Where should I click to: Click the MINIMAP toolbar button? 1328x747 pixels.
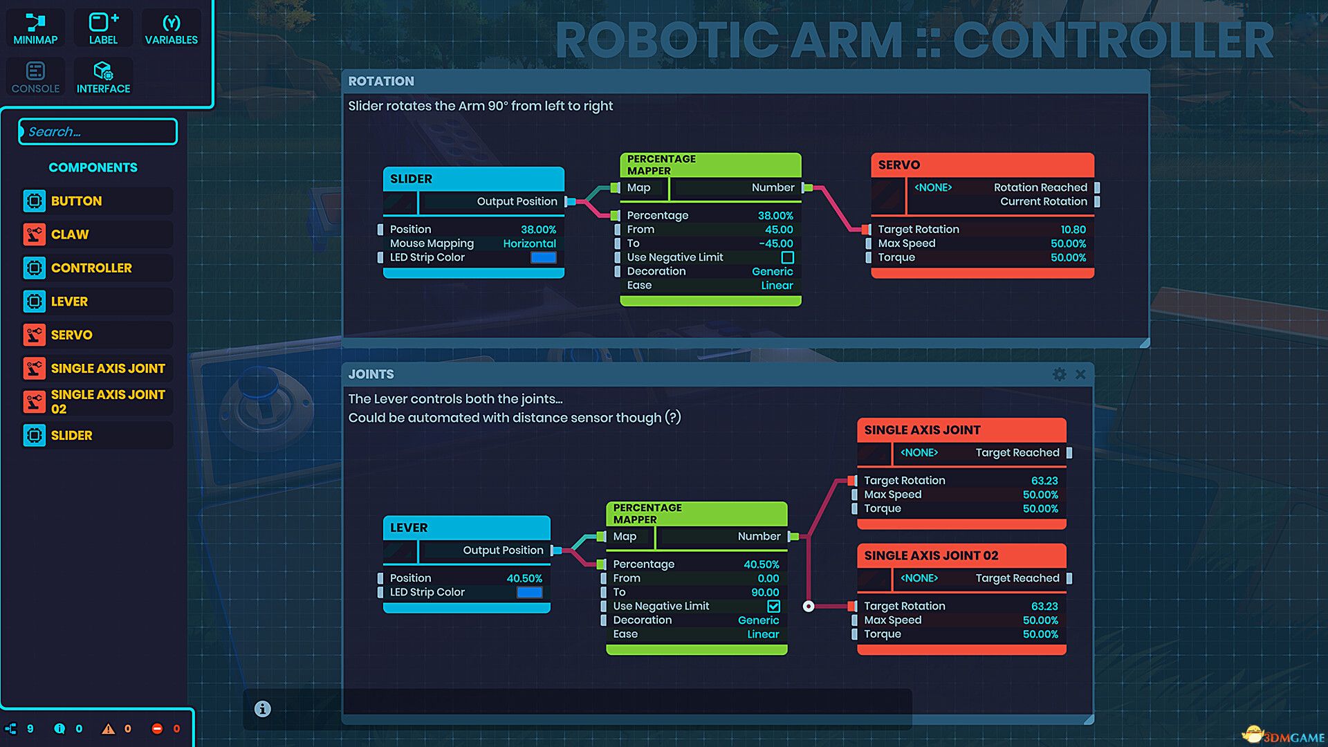35,28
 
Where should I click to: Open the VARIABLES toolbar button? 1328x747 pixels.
171,28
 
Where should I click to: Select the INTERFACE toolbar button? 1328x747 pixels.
103,77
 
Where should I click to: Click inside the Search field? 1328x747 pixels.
98,131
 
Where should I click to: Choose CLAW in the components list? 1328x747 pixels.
70,234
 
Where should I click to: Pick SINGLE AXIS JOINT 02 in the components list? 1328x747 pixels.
107,401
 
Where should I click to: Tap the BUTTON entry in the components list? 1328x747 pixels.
76,201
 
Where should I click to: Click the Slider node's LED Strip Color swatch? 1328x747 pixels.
543,257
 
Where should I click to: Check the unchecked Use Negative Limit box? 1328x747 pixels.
787,257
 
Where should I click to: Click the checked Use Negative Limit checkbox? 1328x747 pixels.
773,606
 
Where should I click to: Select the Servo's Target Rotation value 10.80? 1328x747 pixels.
1073,230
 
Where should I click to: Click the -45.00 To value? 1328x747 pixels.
775,243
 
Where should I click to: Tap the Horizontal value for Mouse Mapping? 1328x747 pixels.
529,243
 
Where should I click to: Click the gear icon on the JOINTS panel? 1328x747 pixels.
1059,374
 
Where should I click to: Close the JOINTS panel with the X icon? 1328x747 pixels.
1080,374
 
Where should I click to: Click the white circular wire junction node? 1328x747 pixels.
809,606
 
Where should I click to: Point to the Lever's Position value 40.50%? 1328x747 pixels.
524,578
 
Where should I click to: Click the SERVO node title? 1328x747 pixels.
899,165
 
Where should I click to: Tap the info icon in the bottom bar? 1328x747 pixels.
262,709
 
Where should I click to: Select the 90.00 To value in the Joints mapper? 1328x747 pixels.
765,592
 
